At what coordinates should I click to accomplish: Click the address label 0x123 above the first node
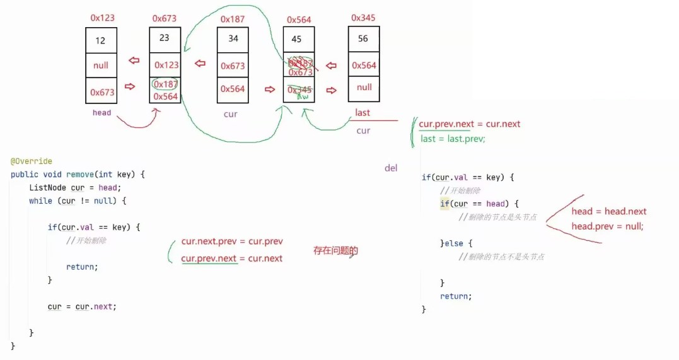(102, 18)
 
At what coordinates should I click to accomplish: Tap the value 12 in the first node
(101, 41)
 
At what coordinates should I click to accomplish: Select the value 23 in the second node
(165, 38)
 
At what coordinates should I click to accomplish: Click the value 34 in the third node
(233, 38)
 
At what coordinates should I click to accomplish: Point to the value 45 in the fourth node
(297, 39)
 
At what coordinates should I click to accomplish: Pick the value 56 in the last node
(363, 38)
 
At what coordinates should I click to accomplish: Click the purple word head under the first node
(102, 113)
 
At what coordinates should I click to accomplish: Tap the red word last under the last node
(363, 113)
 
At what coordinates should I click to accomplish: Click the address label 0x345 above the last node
(363, 18)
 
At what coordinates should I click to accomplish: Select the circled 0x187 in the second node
(165, 84)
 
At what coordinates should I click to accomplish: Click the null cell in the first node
(101, 66)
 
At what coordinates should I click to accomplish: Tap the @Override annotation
(32, 161)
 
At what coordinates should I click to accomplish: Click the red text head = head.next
(609, 212)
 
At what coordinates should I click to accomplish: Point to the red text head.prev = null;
(607, 226)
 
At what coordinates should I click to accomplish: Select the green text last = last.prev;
(453, 139)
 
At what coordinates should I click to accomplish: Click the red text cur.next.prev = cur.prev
(232, 241)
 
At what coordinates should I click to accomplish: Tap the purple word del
(391, 168)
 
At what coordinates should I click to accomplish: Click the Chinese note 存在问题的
(335, 250)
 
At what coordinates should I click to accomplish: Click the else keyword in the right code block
(458, 243)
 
